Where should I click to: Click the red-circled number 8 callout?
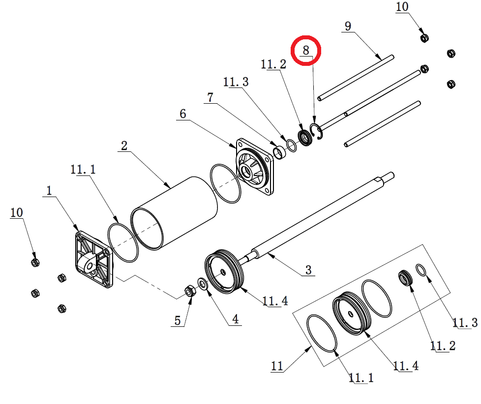(306, 50)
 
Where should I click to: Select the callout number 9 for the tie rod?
(348, 26)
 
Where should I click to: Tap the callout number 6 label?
(183, 114)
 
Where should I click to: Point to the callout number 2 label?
(124, 145)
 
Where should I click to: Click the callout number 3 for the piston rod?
(308, 270)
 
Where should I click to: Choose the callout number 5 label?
(178, 320)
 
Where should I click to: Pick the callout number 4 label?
(235, 319)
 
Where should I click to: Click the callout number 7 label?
(210, 97)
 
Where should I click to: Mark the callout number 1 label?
(49, 191)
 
